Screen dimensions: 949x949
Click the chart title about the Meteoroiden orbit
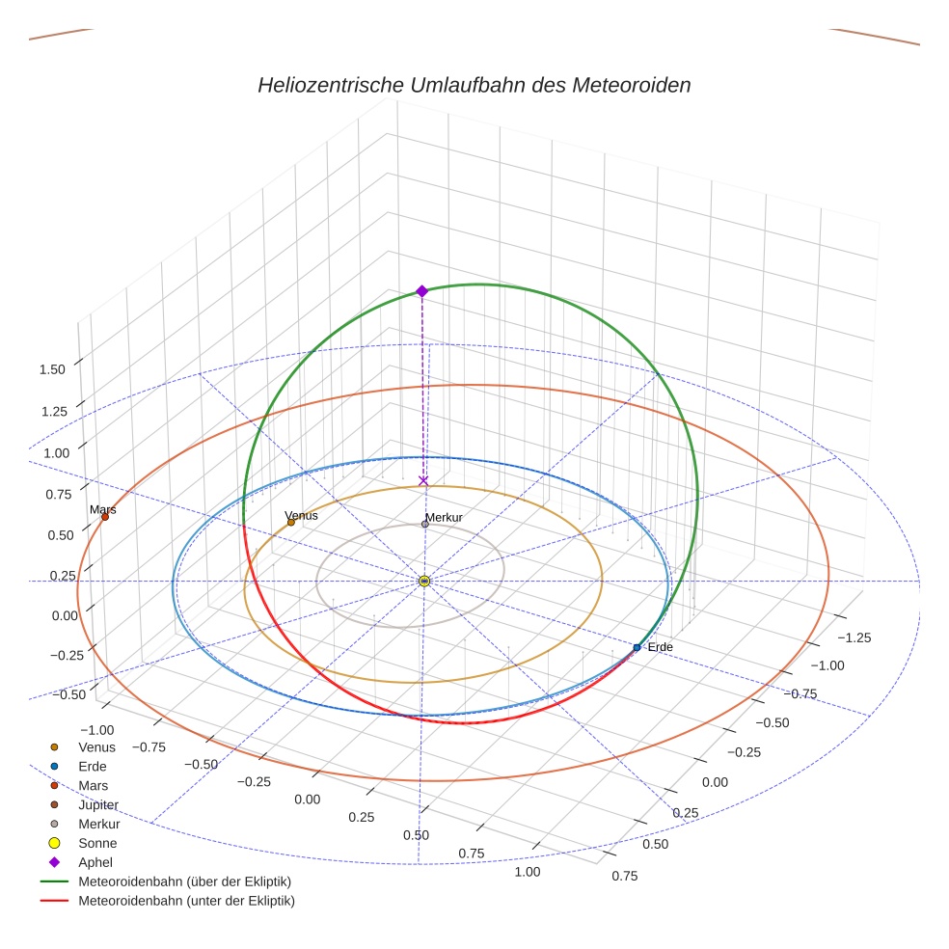click(x=474, y=85)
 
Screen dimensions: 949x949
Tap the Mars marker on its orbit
click(x=105, y=517)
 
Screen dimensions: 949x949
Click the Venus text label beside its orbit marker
click(x=302, y=516)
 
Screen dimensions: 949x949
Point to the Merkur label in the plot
click(x=445, y=518)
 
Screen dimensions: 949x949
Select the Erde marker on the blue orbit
click(x=637, y=647)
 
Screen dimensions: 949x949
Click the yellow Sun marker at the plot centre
click(x=424, y=581)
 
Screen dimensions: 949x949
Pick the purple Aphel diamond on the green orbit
click(x=421, y=291)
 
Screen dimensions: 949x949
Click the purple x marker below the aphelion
click(x=422, y=479)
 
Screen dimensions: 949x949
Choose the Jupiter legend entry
click(x=98, y=804)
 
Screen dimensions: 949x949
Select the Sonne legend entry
click(x=97, y=843)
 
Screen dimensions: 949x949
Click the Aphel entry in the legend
click(x=95, y=862)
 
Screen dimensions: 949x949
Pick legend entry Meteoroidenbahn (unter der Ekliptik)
click(x=186, y=901)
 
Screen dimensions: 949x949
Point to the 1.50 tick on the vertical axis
click(x=52, y=369)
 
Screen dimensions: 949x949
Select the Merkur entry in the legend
click(x=99, y=824)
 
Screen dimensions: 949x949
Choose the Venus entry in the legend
click(x=96, y=746)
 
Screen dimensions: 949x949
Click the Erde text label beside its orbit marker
click(x=660, y=646)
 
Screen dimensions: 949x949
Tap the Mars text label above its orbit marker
click(x=102, y=508)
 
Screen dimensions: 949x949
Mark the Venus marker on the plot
click(x=291, y=522)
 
